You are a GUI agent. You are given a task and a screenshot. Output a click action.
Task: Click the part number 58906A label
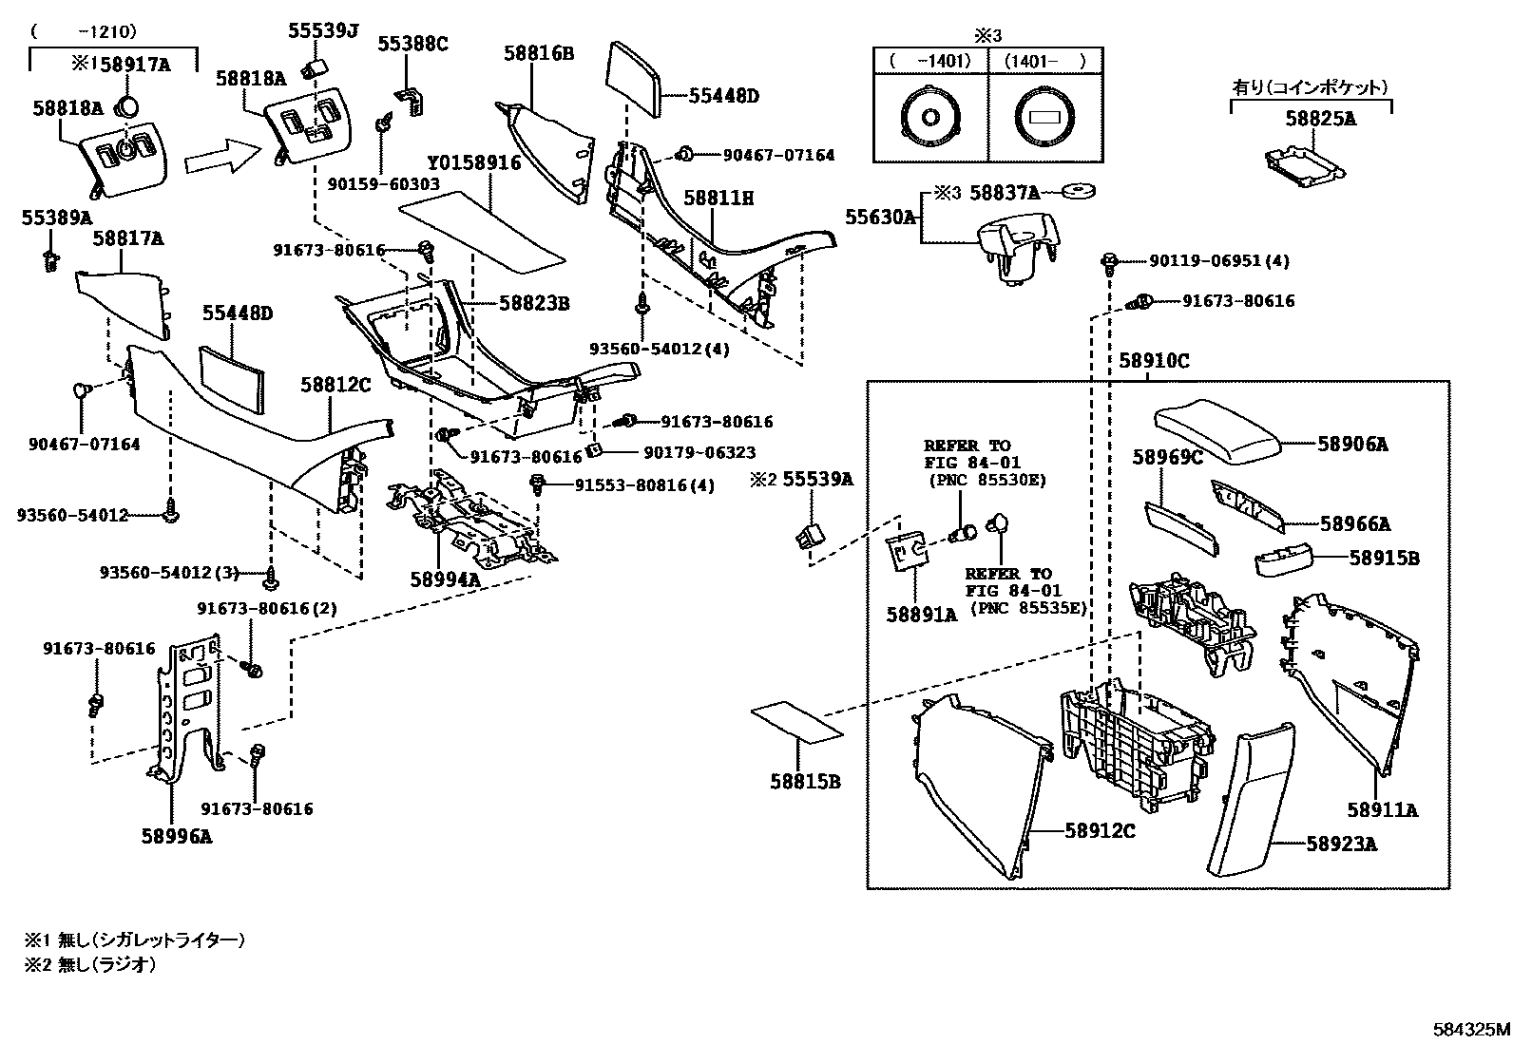(1352, 444)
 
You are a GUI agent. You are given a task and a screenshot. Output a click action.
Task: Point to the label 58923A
(1341, 844)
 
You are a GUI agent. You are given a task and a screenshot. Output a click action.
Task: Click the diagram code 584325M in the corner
(1471, 1029)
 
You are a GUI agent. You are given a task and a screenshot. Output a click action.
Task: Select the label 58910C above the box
(1154, 361)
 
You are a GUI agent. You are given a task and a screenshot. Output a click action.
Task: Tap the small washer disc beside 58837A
(1077, 192)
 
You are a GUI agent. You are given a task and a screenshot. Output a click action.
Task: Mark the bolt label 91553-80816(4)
(643, 484)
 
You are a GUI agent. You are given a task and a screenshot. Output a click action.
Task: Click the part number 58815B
(806, 782)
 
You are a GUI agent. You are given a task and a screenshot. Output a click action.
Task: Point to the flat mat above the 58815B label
(795, 721)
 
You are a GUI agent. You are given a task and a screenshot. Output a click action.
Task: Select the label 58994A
(445, 579)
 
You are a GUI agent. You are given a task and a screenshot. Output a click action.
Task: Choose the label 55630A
(880, 218)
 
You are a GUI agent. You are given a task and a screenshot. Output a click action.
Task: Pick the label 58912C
(1100, 830)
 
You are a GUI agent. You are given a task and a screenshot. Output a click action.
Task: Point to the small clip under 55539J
(313, 66)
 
